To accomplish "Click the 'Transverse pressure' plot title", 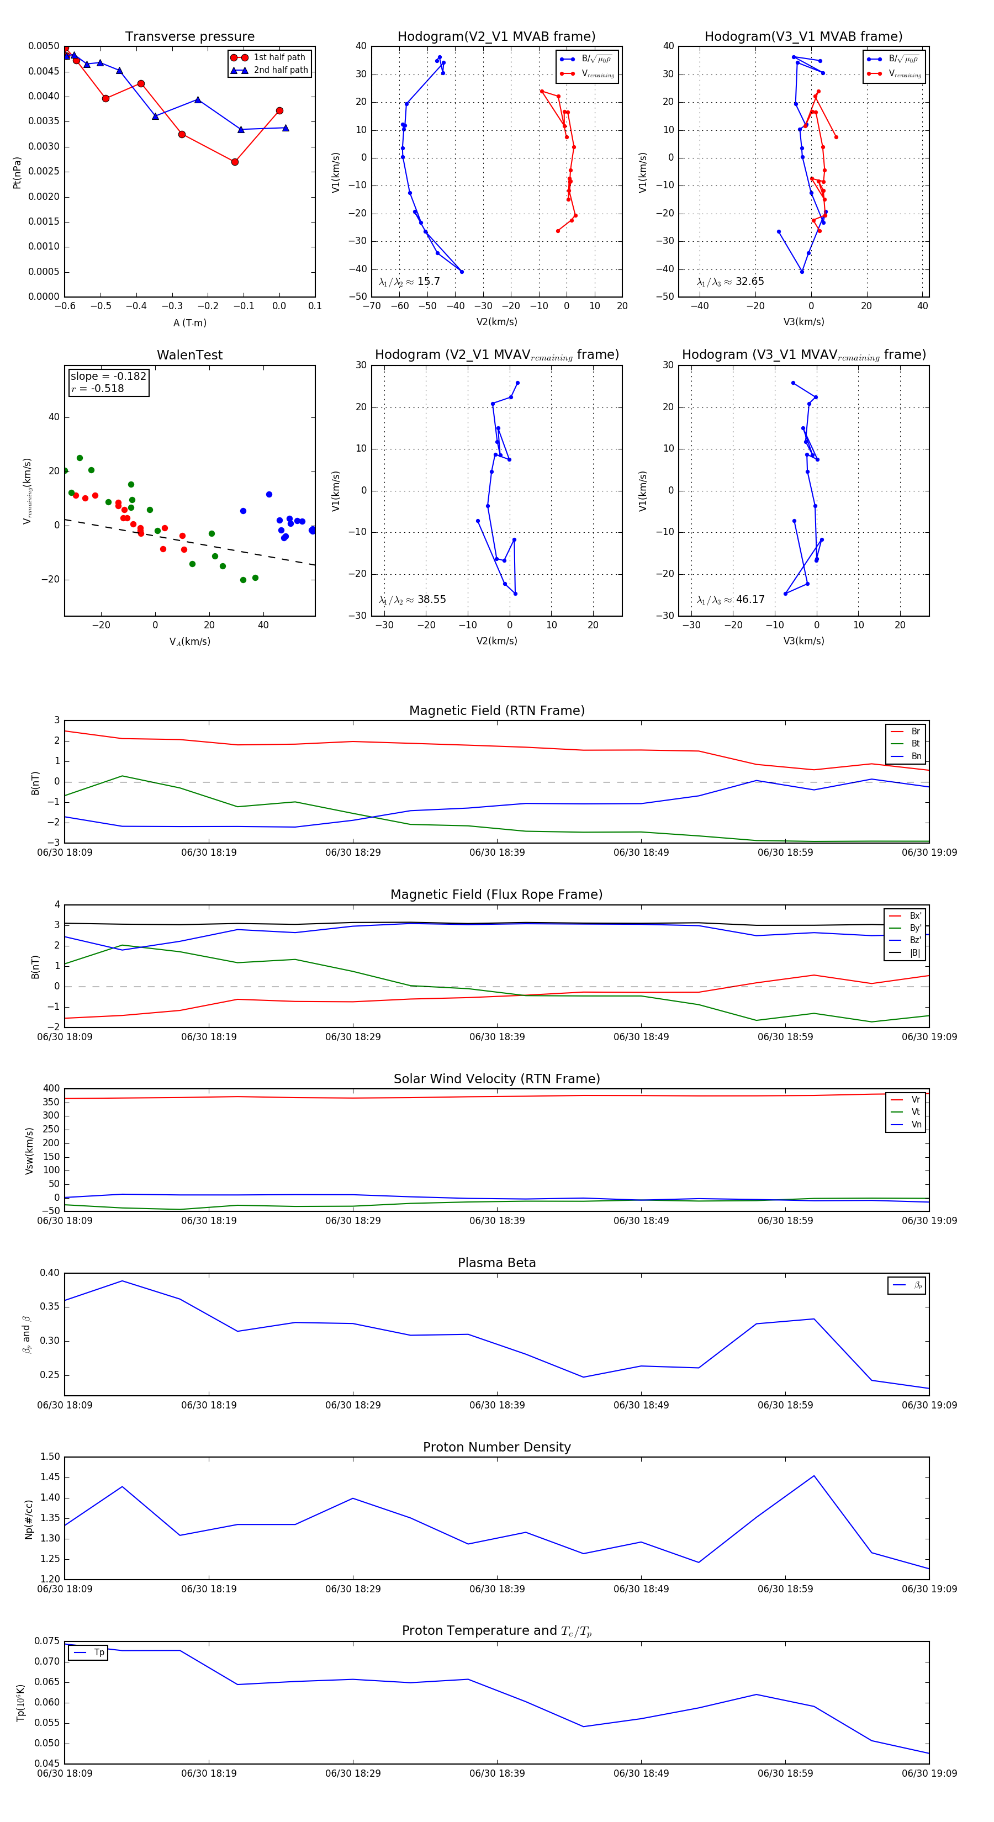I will coord(189,37).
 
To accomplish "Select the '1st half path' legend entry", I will coord(279,57).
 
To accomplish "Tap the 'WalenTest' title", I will coord(189,355).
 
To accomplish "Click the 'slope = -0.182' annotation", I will coord(108,377).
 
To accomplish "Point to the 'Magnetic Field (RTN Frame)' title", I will coord(496,711).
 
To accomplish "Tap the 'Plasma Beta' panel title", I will coord(496,1263).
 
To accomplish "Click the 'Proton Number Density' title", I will coord(496,1447).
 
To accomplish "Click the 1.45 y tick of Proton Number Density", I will coord(50,1477).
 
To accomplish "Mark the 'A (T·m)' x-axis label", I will coord(189,323).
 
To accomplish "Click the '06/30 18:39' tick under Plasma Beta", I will coord(496,1405).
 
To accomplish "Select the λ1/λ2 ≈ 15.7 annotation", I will coord(409,282).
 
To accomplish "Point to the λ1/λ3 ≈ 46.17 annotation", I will coord(730,600).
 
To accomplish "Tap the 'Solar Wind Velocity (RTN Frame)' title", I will coord(496,1079).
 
